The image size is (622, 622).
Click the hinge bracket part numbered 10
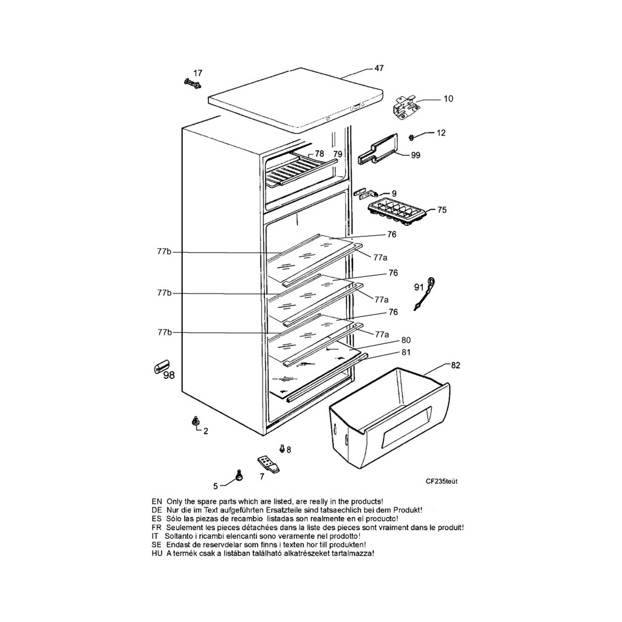tap(405, 107)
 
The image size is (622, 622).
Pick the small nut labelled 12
tap(411, 138)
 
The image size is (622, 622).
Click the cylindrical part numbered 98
tap(161, 366)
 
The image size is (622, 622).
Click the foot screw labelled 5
tap(239, 475)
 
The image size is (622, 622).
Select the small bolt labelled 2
tap(195, 421)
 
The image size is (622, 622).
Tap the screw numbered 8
tap(282, 449)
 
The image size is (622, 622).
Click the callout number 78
tap(319, 154)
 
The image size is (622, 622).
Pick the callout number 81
tap(406, 352)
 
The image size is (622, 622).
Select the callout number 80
tap(406, 340)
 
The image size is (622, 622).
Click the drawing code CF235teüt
tap(442, 481)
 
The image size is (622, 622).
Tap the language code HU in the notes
tap(157, 553)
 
